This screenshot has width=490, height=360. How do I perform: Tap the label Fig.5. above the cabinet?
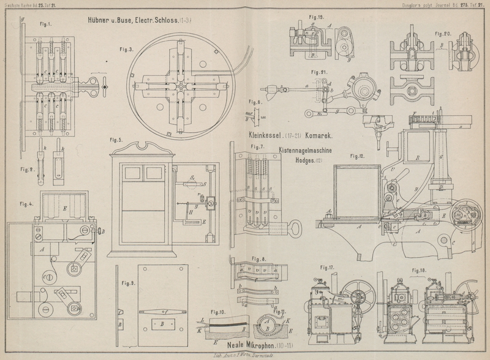pos(116,140)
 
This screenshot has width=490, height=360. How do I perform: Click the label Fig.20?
pos(443,33)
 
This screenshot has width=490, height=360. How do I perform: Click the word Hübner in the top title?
pos(102,20)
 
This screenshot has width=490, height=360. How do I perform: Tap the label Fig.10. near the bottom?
pos(218,313)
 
